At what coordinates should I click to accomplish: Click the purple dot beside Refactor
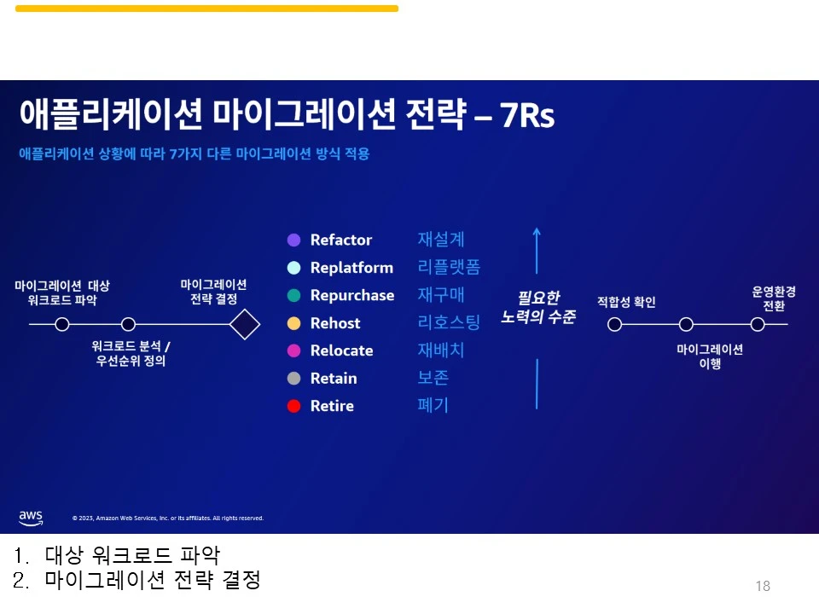click(x=294, y=240)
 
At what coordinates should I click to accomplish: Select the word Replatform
click(x=351, y=268)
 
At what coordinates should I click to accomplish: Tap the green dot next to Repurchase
click(x=294, y=295)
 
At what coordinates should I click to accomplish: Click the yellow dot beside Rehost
click(x=294, y=323)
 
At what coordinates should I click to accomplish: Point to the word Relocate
click(x=341, y=350)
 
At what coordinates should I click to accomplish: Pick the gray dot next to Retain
click(x=294, y=378)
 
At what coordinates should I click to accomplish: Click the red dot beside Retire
click(x=294, y=406)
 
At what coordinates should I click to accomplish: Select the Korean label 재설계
click(x=441, y=240)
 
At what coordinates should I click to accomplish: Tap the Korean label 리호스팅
click(x=449, y=322)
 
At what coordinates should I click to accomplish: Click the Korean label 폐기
click(x=433, y=405)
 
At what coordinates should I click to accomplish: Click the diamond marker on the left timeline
click(x=245, y=324)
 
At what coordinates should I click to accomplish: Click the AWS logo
click(x=31, y=517)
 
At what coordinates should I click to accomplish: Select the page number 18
click(x=763, y=586)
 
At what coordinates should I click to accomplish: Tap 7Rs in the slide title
click(x=527, y=116)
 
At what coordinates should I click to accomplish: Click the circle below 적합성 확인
click(x=614, y=324)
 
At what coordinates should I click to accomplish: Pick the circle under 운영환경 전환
click(x=758, y=324)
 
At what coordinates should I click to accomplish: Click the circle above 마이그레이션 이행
click(x=686, y=324)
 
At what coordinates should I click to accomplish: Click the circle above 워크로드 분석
click(x=128, y=324)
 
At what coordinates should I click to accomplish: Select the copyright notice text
click(x=168, y=518)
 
